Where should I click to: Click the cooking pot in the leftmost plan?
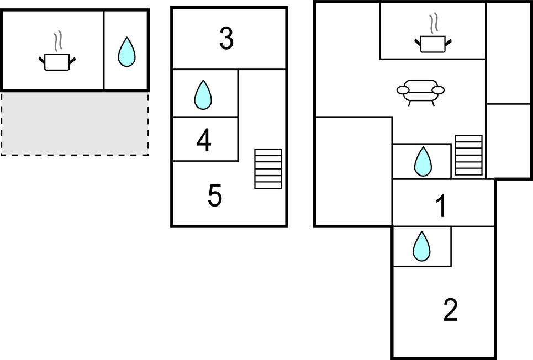(57, 61)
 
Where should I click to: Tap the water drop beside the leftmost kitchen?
(126, 52)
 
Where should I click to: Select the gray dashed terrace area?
(75, 123)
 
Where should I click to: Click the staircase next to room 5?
(268, 169)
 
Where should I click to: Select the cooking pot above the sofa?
(432, 44)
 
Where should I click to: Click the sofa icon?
(421, 92)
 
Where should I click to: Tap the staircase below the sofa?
(468, 155)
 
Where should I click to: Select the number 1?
(441, 207)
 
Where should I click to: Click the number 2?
(451, 310)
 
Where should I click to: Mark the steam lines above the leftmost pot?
(57, 41)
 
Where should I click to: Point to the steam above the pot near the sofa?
(434, 24)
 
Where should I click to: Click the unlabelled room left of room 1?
(353, 171)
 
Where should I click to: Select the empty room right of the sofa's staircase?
(508, 141)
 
